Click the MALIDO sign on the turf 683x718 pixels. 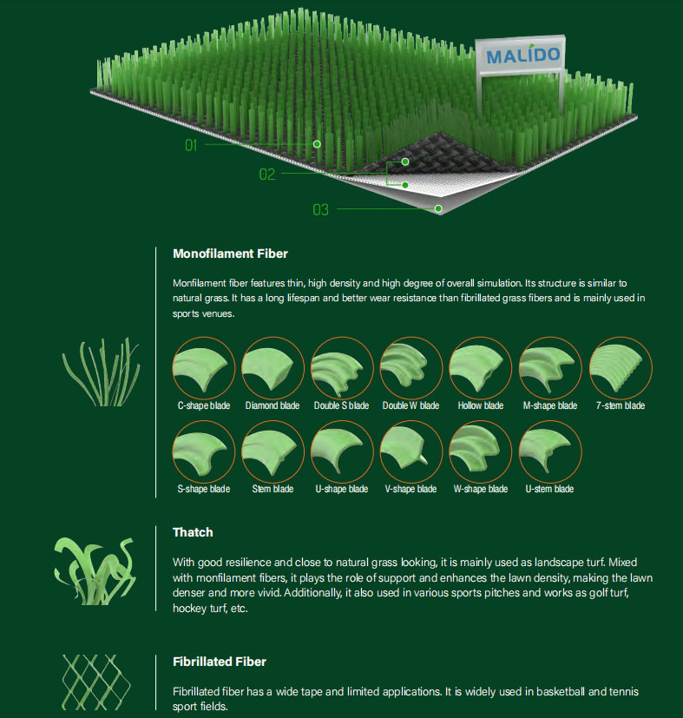(520, 56)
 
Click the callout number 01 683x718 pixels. (191, 145)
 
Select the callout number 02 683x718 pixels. (267, 174)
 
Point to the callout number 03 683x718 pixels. (320, 210)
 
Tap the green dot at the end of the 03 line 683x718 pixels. (438, 209)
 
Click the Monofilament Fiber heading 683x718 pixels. (230, 254)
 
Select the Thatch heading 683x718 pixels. (193, 532)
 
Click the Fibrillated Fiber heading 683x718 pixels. (220, 662)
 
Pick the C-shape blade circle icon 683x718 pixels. (204, 368)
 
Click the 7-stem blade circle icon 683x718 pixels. (621, 368)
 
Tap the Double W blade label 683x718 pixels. (410, 405)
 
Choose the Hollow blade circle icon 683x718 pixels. (480, 368)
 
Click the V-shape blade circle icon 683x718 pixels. (411, 452)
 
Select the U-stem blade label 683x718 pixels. (549, 489)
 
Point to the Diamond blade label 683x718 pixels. (273, 405)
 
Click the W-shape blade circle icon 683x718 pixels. (480, 452)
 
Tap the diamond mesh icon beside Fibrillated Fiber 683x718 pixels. (95, 682)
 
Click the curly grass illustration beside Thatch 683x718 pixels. (95, 571)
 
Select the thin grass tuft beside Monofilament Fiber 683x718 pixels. (102, 372)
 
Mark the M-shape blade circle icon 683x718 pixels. (550, 368)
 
